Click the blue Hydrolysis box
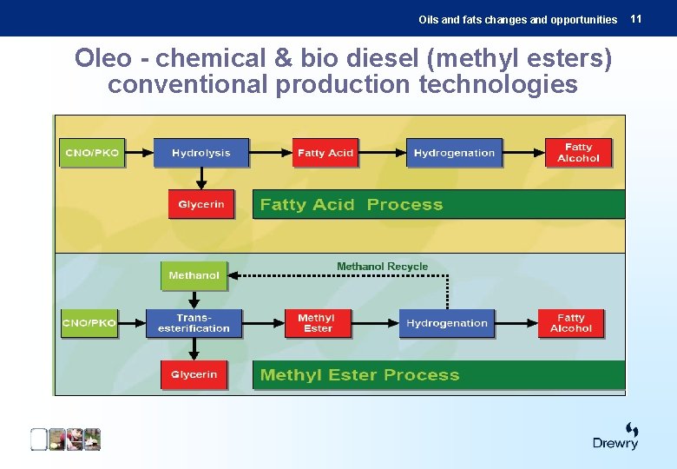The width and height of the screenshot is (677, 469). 200,153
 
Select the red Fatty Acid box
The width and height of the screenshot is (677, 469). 325,153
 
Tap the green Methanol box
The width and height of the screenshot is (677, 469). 194,275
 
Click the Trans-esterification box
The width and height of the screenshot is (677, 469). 194,323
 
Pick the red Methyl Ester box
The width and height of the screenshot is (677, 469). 318,323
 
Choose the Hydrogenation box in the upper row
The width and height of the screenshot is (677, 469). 454,153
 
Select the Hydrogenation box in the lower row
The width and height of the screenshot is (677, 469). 447,323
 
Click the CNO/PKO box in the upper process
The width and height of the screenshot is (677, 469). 92,153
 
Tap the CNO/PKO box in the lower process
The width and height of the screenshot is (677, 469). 89,323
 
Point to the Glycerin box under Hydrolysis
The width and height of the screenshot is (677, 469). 200,205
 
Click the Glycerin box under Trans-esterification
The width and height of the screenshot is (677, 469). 194,374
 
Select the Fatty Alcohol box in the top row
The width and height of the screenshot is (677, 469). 578,153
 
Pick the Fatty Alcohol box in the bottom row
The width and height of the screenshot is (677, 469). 571,323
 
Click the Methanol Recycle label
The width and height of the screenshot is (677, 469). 382,267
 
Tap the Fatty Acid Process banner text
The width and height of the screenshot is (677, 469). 351,205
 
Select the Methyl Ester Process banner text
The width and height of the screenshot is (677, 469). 359,375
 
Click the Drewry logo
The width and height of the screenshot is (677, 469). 616,436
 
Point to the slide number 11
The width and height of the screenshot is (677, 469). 635,18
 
